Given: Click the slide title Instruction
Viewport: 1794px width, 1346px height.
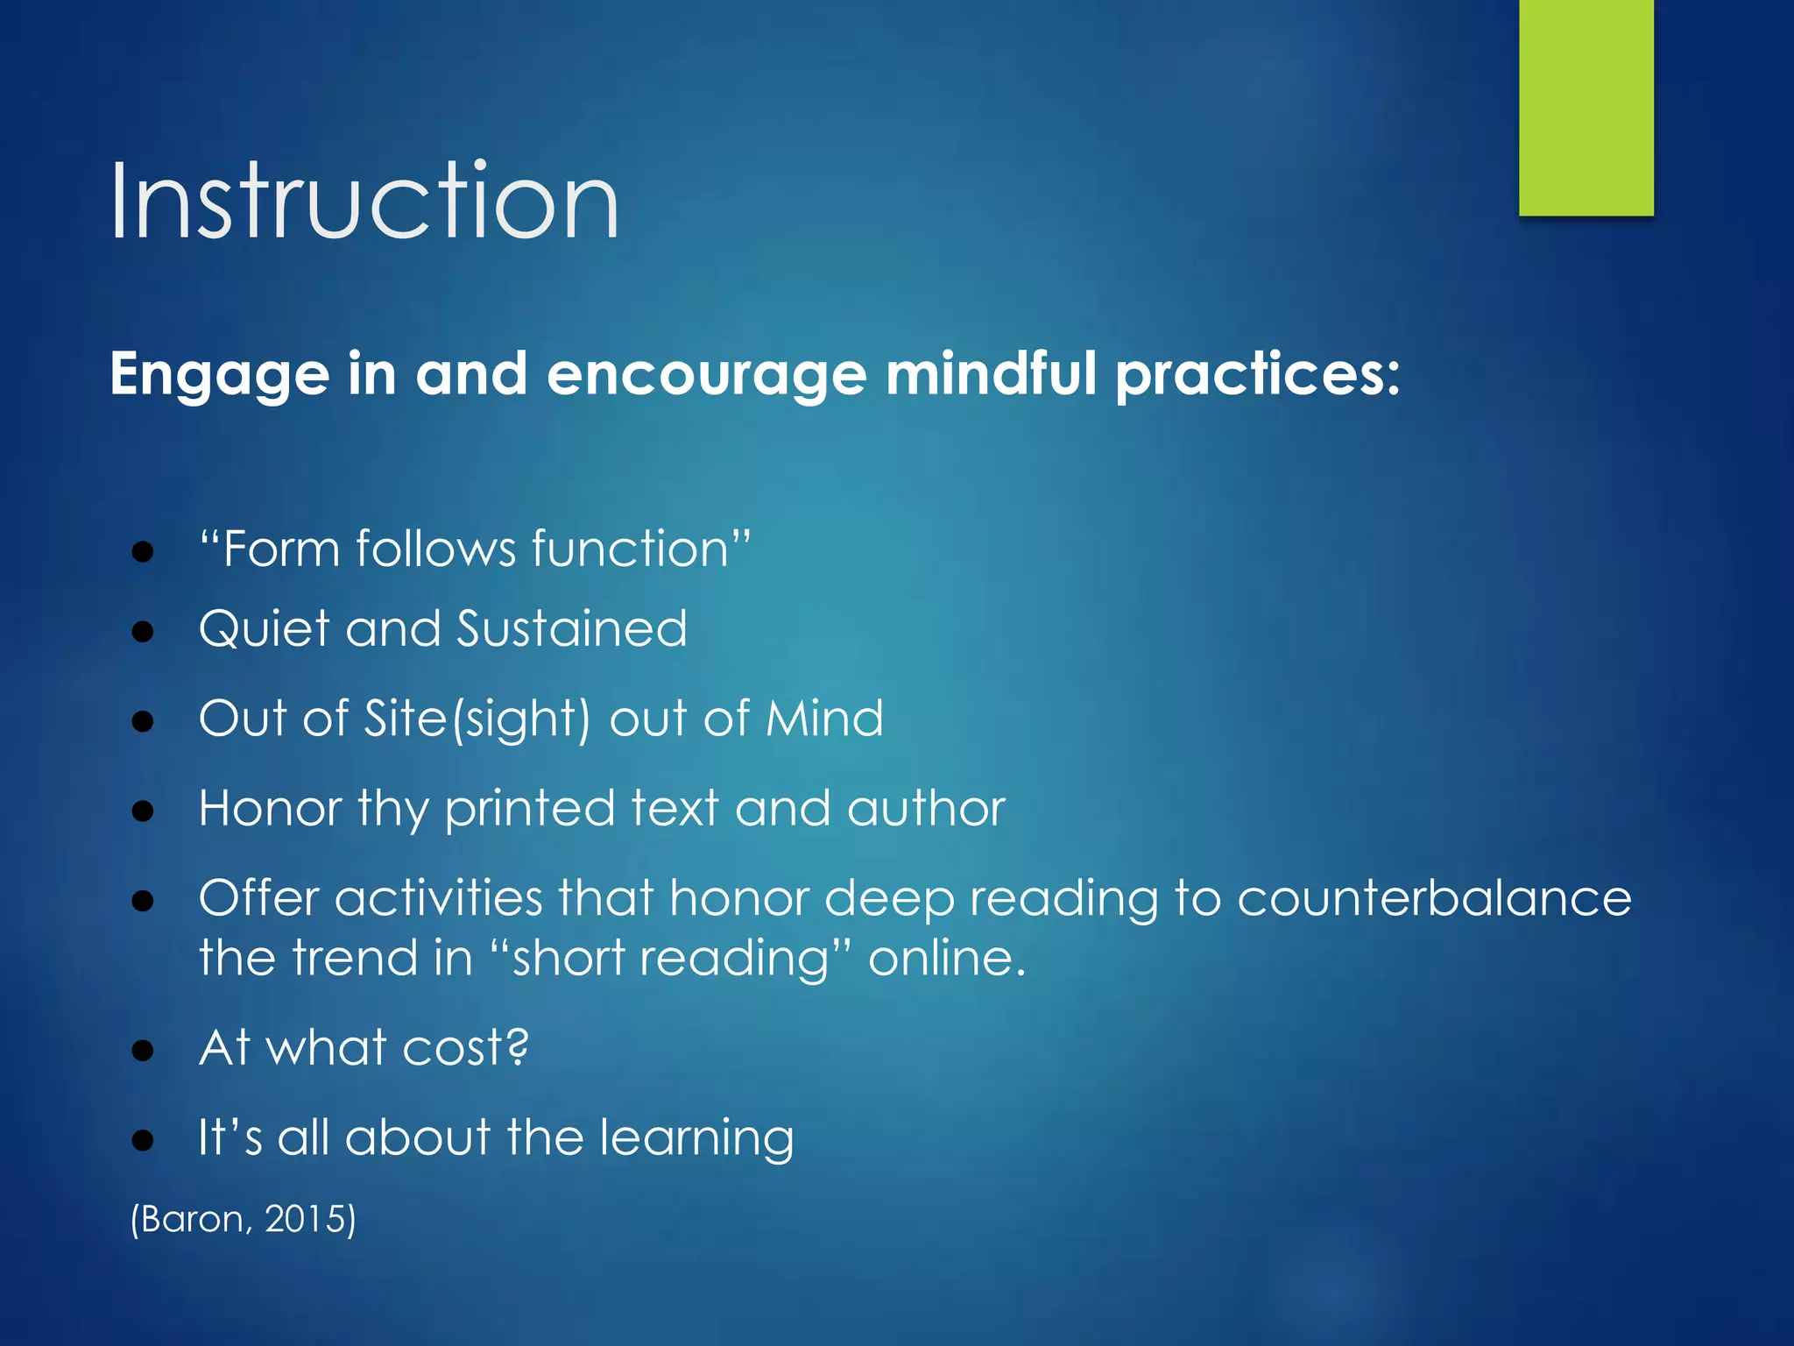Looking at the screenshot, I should [364, 202].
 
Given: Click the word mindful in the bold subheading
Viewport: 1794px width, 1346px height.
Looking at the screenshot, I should [990, 374].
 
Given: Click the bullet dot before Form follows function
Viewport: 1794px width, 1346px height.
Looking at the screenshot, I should [143, 552].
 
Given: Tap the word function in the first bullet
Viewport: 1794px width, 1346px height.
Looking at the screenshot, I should [631, 549].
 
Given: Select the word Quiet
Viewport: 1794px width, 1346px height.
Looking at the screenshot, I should [265, 630].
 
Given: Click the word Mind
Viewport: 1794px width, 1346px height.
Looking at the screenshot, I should [824, 719].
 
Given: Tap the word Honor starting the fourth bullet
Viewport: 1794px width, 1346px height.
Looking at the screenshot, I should [270, 808].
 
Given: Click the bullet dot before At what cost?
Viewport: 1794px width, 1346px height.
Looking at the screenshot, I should [143, 1050].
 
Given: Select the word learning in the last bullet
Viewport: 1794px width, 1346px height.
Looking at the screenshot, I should [696, 1139].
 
